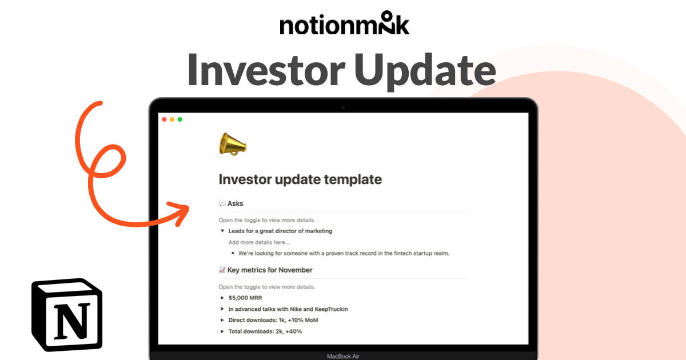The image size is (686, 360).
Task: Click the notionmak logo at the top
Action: [345, 23]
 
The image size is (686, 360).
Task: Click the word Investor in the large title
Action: [266, 70]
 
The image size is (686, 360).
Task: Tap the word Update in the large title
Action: [425, 72]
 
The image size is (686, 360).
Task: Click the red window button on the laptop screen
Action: [164, 119]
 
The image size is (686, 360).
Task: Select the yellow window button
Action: [172, 119]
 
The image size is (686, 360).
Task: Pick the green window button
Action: [180, 119]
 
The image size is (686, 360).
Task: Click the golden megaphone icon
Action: [233, 144]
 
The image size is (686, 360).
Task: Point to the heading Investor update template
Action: [300, 179]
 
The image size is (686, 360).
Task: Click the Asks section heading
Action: [235, 203]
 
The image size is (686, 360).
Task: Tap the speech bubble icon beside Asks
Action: [222, 203]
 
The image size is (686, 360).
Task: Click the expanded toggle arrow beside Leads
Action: [222, 231]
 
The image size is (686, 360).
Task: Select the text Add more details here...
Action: [259, 242]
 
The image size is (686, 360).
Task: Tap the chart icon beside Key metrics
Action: [222, 270]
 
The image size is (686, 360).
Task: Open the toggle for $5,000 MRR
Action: [222, 298]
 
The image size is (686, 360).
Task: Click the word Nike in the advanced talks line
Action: [296, 309]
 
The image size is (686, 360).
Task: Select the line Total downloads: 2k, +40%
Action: [265, 331]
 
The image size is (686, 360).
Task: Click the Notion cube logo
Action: [67, 315]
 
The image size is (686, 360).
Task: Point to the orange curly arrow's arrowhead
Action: [180, 213]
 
